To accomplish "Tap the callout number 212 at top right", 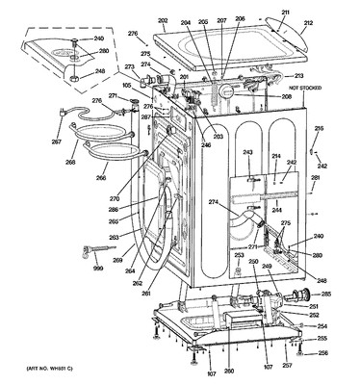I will click(x=308, y=24).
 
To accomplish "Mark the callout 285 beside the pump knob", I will click(x=325, y=294).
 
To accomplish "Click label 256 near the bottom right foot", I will click(x=322, y=352).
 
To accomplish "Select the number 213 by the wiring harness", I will click(x=299, y=75).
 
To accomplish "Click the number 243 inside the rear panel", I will click(x=247, y=154).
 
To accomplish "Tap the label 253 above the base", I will click(x=240, y=255).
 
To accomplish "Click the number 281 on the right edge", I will click(x=315, y=179).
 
